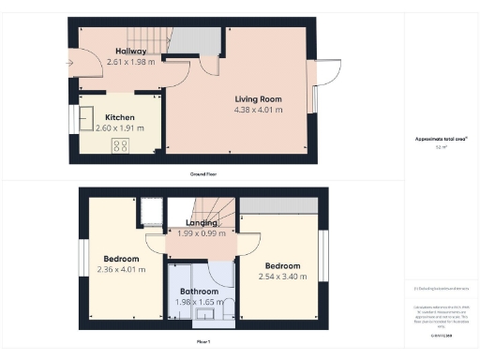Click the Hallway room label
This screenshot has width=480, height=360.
point(130,51)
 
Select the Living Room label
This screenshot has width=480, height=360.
point(258,98)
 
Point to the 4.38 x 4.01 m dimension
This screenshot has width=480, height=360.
point(258,110)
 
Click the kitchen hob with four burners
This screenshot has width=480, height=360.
point(120,144)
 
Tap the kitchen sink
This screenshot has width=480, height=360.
point(87,117)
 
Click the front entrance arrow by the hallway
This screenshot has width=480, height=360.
point(70,63)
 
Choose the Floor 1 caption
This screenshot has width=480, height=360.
point(202,342)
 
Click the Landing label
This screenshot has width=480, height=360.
point(201,223)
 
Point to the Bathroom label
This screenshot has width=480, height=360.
point(199,292)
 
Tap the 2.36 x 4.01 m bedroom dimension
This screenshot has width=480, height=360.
point(122,271)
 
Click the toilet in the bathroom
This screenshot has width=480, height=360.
point(226,307)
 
